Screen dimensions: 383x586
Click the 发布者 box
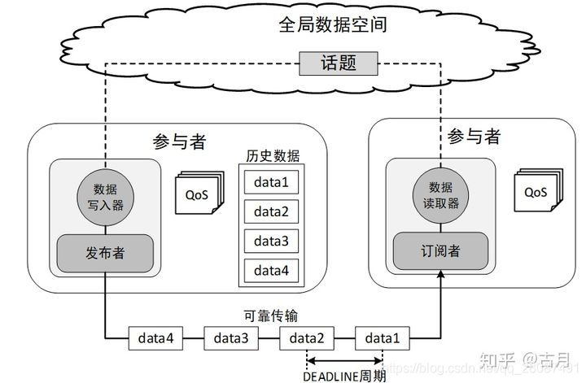pyautogui.click(x=105, y=253)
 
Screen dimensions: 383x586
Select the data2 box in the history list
pyautogui.click(x=271, y=211)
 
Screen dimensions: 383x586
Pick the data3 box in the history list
pyautogui.click(x=271, y=241)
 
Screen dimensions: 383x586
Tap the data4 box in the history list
pyautogui.click(x=271, y=269)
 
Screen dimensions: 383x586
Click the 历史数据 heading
pyautogui.click(x=272, y=155)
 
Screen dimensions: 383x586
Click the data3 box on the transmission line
pyautogui.click(x=232, y=337)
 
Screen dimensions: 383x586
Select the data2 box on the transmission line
pyautogui.click(x=307, y=337)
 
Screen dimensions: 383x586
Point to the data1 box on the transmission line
pyautogui.click(x=383, y=337)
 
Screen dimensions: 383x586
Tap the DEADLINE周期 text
pyautogui.click(x=344, y=376)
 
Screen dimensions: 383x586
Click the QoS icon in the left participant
pyautogui.click(x=196, y=194)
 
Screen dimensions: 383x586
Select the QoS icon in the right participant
pyautogui.click(x=536, y=192)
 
